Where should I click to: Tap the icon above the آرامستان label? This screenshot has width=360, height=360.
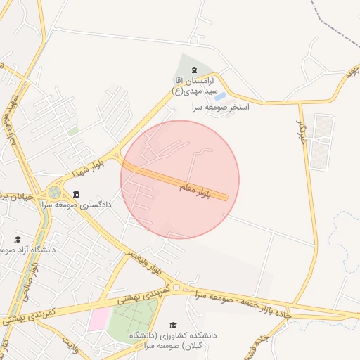(194, 68)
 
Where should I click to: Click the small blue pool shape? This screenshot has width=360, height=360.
(220, 96)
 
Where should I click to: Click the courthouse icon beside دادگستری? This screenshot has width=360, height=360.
(76, 194)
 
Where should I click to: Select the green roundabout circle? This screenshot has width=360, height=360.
(54, 192)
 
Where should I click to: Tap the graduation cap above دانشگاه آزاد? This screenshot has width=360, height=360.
(18, 239)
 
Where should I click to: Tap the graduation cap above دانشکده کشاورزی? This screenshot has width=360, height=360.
(173, 326)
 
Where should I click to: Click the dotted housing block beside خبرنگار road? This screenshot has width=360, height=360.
(321, 142)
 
